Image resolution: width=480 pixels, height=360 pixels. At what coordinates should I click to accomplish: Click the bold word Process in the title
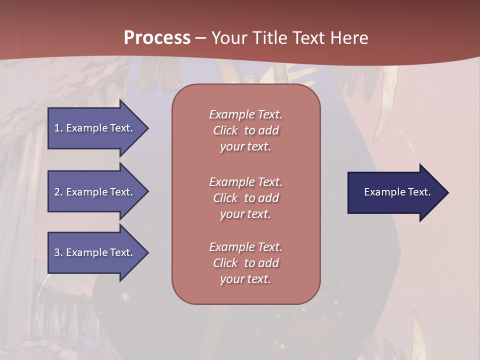157,38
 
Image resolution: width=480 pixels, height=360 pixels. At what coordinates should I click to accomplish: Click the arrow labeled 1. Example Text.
95,128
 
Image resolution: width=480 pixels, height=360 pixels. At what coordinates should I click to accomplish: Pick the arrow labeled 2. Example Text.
95,192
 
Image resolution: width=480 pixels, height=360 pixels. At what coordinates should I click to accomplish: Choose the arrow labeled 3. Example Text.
95,252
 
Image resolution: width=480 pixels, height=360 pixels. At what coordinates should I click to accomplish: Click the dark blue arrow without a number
395,192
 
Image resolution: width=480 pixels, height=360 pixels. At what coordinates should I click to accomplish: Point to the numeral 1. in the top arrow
58,128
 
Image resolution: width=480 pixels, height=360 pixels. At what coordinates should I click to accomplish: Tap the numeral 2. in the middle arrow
58,192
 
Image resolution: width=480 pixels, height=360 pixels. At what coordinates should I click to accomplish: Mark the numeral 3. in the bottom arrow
58,252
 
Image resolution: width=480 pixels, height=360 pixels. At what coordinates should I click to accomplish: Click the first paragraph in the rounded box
245,130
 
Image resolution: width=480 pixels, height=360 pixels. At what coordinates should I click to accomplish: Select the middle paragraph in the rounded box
245,198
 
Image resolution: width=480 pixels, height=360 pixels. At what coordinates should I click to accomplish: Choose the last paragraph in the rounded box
245,263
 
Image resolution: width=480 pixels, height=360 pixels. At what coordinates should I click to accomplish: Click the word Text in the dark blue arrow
419,192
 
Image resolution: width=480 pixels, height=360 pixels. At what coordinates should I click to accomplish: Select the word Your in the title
228,38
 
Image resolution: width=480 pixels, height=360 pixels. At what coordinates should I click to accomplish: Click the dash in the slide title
200,38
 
